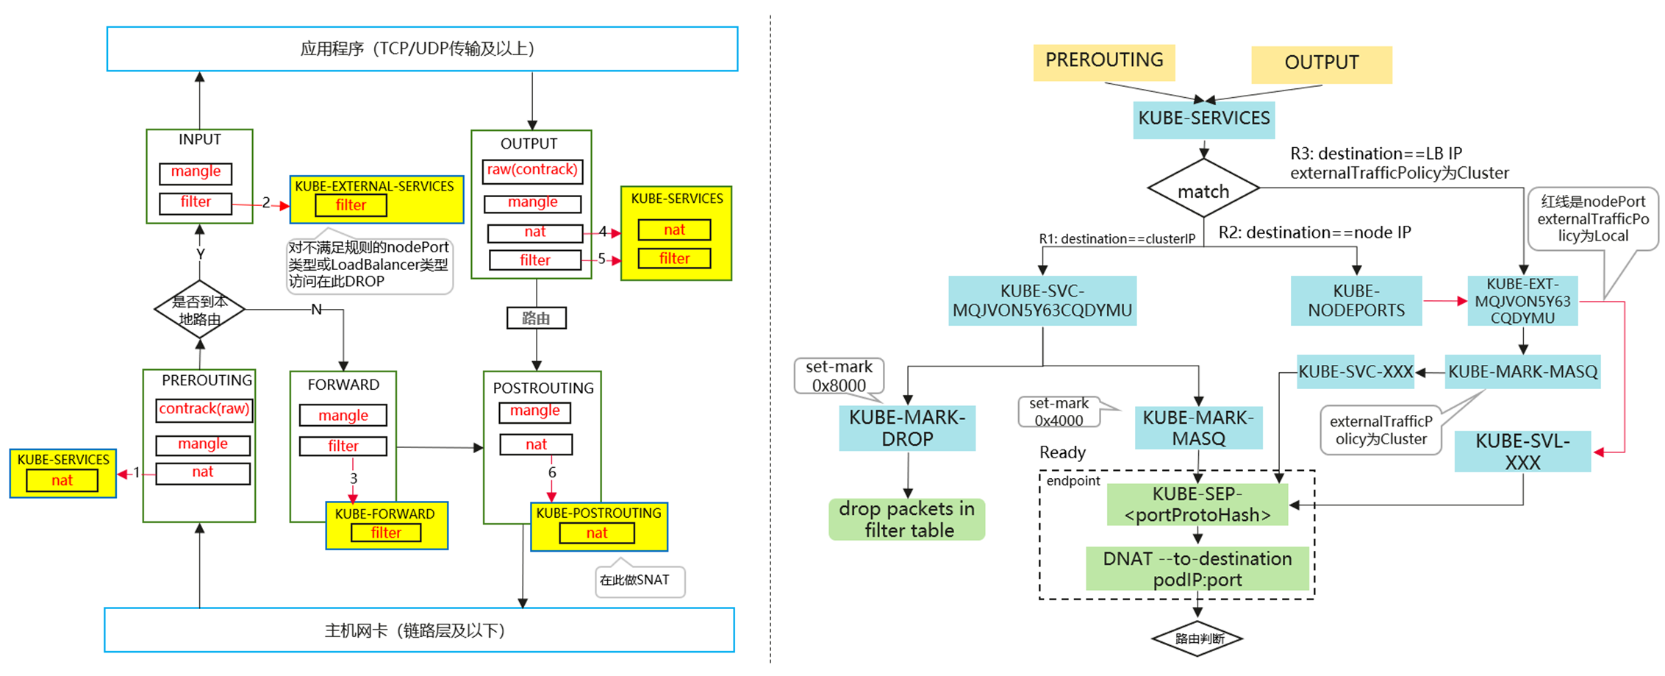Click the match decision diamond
[1203, 190]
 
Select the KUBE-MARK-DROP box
[907, 428]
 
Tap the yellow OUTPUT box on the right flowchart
[1321, 64]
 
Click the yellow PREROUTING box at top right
[1103, 62]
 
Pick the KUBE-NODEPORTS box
[1356, 301]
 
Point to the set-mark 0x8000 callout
[839, 376]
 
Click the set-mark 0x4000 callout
[1059, 412]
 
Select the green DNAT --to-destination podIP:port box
[1197, 569]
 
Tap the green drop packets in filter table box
[907, 519]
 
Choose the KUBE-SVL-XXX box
[1522, 452]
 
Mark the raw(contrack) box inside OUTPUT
[532, 171]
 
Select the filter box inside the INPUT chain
[196, 202]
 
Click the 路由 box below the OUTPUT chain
[536, 319]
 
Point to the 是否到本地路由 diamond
[199, 310]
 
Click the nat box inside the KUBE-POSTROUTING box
[596, 533]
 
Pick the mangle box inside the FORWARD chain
[343, 416]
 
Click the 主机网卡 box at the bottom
[419, 630]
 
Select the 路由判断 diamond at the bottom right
[1197, 638]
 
